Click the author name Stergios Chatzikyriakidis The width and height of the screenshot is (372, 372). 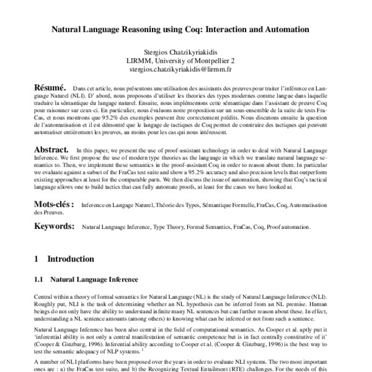(x=186, y=51)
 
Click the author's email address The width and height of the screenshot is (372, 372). (x=186, y=70)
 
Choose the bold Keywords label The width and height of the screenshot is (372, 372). (x=54, y=228)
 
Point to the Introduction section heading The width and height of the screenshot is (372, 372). (x=71, y=259)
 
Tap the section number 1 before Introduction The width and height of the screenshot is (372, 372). (x=37, y=259)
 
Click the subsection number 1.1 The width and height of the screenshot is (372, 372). (x=38, y=280)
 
